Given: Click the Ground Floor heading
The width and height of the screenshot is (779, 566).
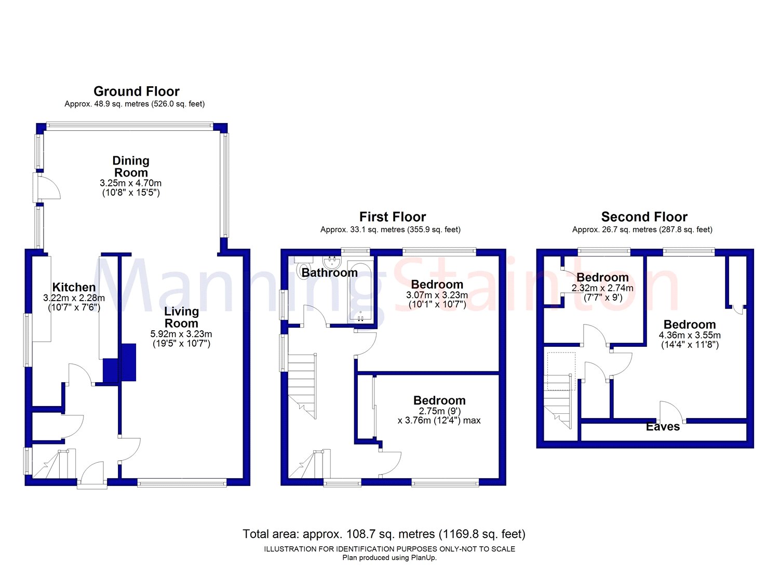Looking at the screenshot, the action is (x=136, y=91).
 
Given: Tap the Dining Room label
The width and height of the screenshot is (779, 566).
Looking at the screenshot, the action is (x=131, y=167).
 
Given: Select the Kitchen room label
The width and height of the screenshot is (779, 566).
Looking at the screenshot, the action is (x=74, y=287).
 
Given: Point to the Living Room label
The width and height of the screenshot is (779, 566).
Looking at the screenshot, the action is (x=181, y=317).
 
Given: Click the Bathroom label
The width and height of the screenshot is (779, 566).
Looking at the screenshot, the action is (x=329, y=273).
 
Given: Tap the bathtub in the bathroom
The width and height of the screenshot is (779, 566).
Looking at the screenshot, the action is (x=360, y=293).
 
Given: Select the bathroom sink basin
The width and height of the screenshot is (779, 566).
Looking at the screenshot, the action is (x=333, y=261).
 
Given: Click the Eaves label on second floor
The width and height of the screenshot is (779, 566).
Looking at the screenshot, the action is (x=663, y=427).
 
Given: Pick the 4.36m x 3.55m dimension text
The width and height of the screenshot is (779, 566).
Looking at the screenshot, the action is (x=690, y=335).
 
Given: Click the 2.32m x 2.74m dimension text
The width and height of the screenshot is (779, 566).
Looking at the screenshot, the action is (x=602, y=288).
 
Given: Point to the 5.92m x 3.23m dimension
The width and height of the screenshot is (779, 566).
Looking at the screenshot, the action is (x=181, y=334).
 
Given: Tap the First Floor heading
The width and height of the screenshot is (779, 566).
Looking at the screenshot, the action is (x=392, y=217).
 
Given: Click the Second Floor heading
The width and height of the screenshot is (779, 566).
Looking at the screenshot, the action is (x=644, y=217).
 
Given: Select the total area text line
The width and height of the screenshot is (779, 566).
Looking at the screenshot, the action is (x=384, y=534).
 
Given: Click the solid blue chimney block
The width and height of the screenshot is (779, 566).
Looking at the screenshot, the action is (x=119, y=363).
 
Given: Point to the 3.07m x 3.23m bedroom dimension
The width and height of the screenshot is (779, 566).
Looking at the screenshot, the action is (x=437, y=295).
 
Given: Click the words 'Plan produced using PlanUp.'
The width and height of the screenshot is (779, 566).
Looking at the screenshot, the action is (x=389, y=558).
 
